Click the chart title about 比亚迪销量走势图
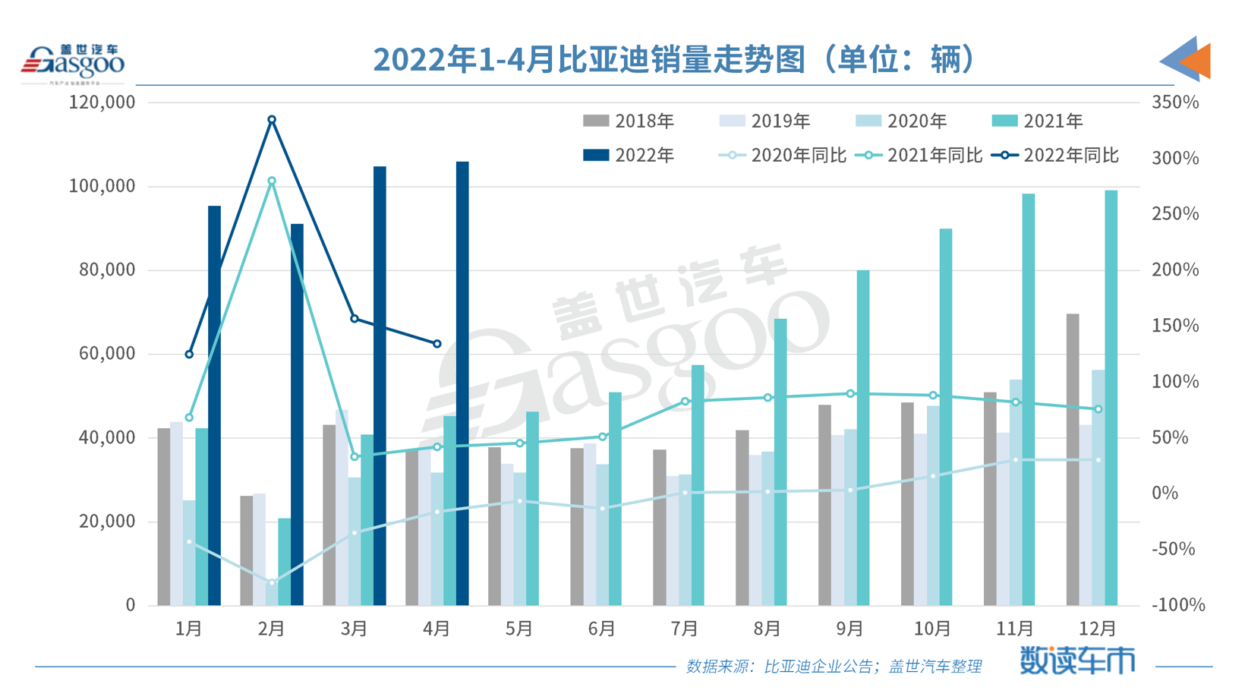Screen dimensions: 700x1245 (x=674, y=59)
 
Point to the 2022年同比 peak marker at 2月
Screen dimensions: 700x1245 (x=272, y=120)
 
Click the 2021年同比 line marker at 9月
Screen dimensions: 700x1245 (x=850, y=393)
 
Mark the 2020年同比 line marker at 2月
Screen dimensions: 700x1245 (x=272, y=582)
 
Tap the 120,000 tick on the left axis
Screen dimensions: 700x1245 (x=102, y=102)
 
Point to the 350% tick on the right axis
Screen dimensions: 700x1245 (x=1175, y=102)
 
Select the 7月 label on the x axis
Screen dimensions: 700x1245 (x=685, y=629)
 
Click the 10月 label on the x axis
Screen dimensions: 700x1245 (x=932, y=629)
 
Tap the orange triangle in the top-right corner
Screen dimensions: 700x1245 (x=1198, y=61)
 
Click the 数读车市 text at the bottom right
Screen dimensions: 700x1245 (x=1076, y=661)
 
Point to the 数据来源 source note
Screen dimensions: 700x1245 (x=834, y=667)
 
